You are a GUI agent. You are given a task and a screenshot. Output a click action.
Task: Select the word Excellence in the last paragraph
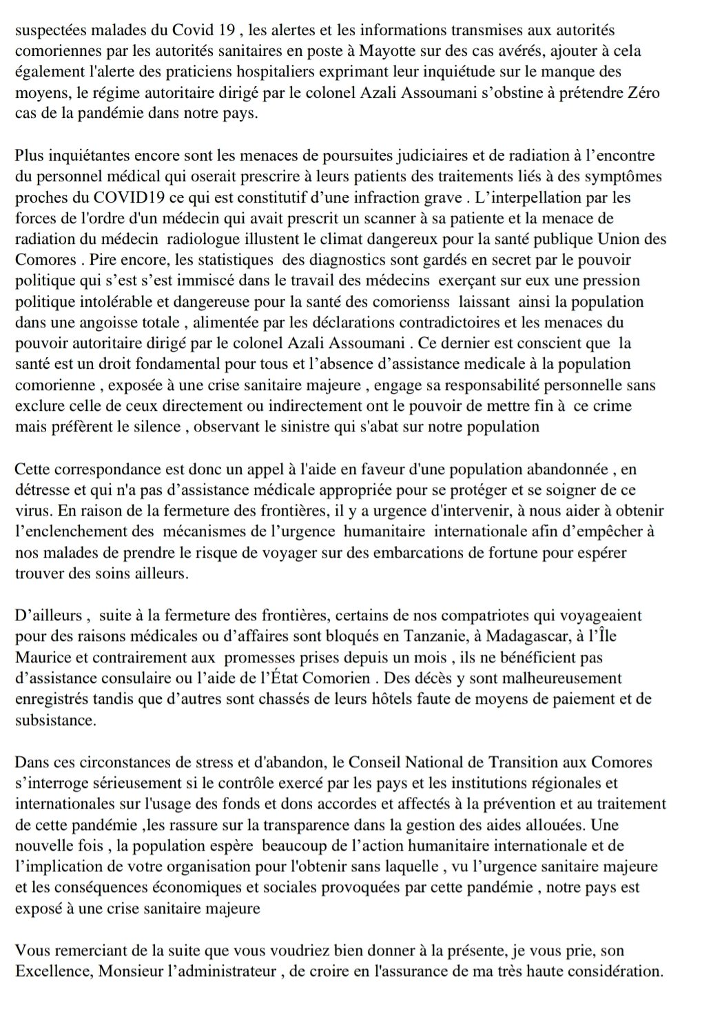click(x=45, y=972)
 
